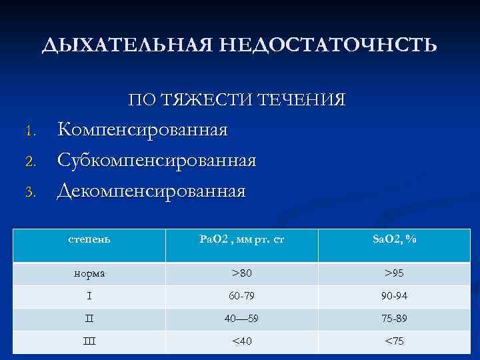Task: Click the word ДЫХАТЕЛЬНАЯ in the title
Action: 127,45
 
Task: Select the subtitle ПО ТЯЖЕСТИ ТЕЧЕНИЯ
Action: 237,101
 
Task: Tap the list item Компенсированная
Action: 142,129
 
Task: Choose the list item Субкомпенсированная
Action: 157,160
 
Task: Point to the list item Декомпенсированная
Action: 151,191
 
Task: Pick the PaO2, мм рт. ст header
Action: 242,239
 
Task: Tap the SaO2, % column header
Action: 395,239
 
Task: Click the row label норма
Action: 90,273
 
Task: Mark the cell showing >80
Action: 242,273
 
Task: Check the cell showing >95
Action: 395,273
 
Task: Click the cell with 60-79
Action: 242,296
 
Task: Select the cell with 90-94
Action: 395,296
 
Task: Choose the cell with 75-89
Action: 395,319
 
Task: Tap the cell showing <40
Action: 242,341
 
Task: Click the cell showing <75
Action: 395,341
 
